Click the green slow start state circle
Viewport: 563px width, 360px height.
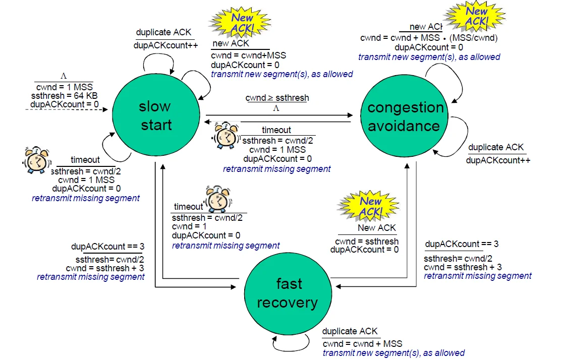pyautogui.click(x=155, y=115)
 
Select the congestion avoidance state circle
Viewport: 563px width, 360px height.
pyautogui.click(x=405, y=116)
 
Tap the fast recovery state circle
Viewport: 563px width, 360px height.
pyautogui.click(x=287, y=293)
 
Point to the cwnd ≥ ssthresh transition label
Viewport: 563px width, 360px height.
pyautogui.click(x=277, y=98)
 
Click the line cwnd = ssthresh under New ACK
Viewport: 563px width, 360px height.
pyautogui.click(x=367, y=241)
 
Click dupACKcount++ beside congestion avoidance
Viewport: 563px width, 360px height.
pyautogui.click(x=498, y=160)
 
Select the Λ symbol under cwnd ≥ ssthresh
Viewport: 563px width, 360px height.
pyautogui.click(x=276, y=108)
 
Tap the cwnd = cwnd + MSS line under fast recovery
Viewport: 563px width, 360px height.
pyautogui.click(x=362, y=344)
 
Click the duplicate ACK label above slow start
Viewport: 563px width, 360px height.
pyautogui.click(x=163, y=32)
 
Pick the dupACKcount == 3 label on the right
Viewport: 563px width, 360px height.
pyautogui.click(x=462, y=244)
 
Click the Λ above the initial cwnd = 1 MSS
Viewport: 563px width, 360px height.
pyautogui.click(x=64, y=76)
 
